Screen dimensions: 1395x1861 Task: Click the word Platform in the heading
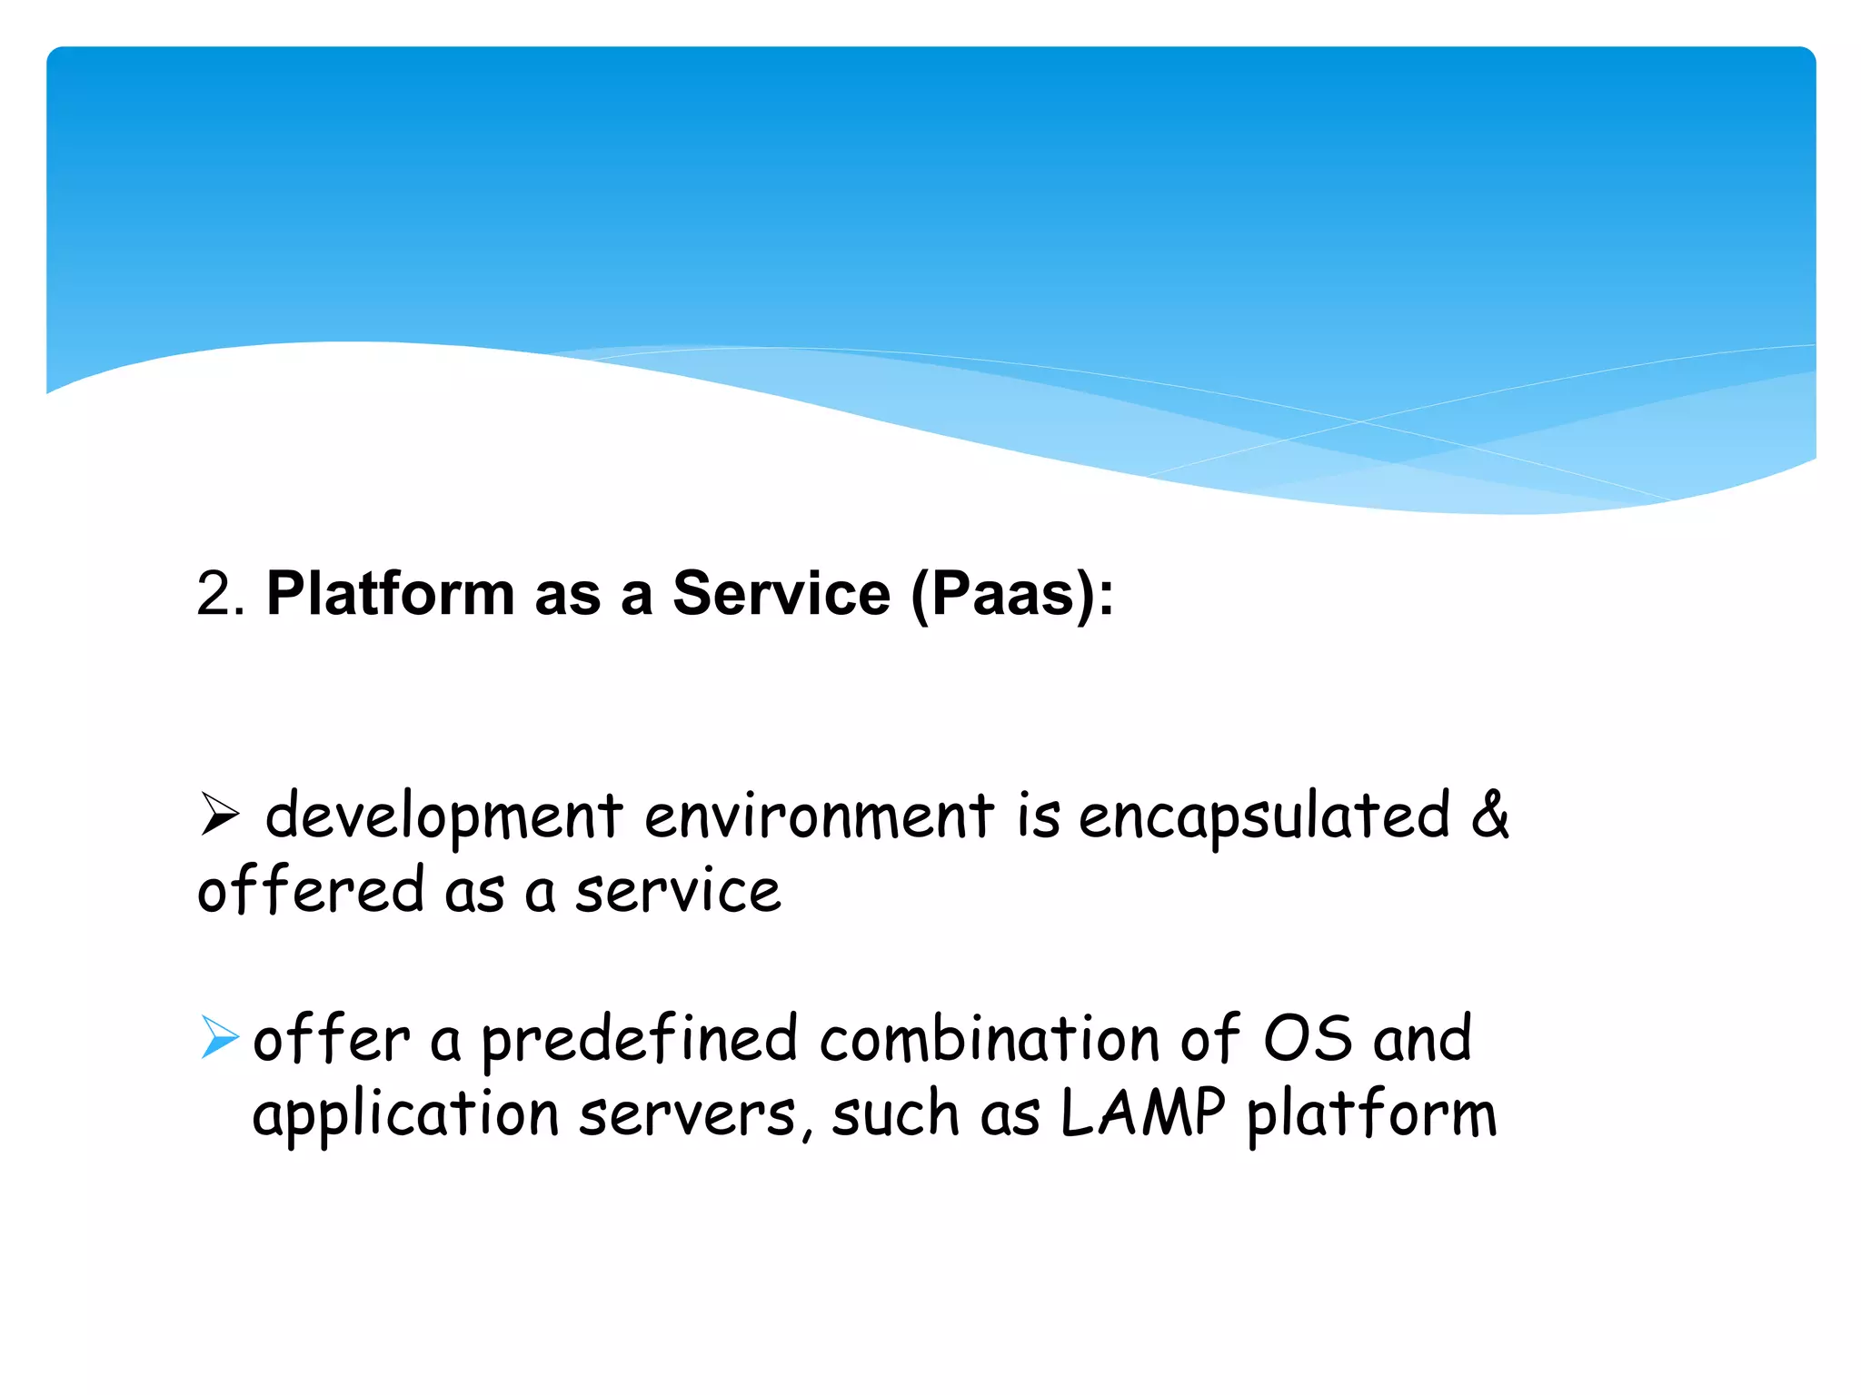point(391,594)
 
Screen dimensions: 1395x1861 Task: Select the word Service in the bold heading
point(781,594)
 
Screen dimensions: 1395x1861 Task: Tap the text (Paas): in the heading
point(1011,596)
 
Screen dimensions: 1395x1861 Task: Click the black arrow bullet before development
point(220,814)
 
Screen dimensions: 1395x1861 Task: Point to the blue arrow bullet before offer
point(220,1037)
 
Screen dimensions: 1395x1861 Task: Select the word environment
point(819,816)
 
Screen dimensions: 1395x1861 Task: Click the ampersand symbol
point(1490,814)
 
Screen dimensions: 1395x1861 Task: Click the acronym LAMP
point(1143,1113)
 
